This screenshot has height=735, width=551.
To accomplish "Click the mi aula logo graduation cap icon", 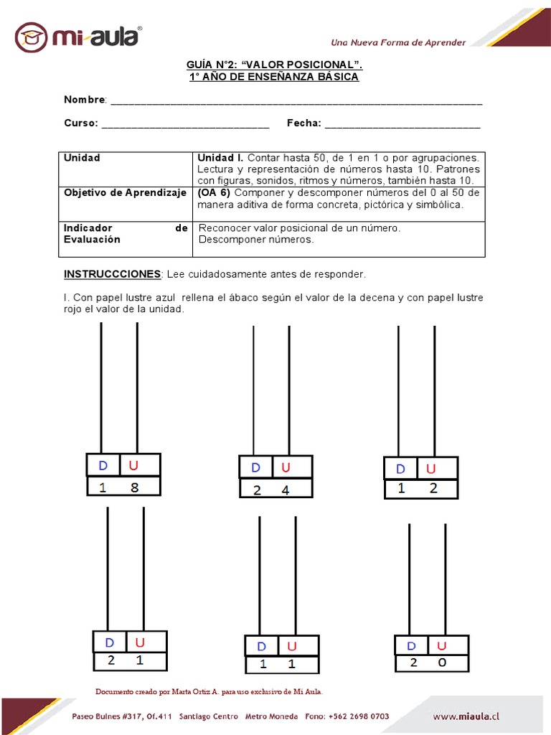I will (32, 37).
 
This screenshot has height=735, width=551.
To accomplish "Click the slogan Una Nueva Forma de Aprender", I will (397, 42).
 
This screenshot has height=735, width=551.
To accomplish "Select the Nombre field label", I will (85, 99).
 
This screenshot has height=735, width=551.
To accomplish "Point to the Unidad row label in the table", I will (82, 158).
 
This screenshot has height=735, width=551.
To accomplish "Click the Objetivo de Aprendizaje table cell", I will (125, 193).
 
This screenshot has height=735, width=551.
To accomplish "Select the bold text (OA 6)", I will (214, 193).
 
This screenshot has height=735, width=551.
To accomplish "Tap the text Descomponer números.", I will (255, 240).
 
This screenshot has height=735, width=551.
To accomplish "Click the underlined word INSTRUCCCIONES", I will (112, 274).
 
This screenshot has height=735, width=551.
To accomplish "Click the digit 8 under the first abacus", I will (134, 488).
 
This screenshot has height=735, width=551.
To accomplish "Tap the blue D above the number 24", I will (256, 468).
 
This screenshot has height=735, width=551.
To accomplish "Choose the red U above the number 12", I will (431, 469).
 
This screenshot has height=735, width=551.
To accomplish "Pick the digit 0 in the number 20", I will (442, 663).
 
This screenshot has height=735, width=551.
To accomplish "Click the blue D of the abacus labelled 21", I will (110, 642).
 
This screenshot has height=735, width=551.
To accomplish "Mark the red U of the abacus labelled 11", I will (291, 646).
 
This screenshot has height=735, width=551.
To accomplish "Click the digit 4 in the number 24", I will (286, 491).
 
